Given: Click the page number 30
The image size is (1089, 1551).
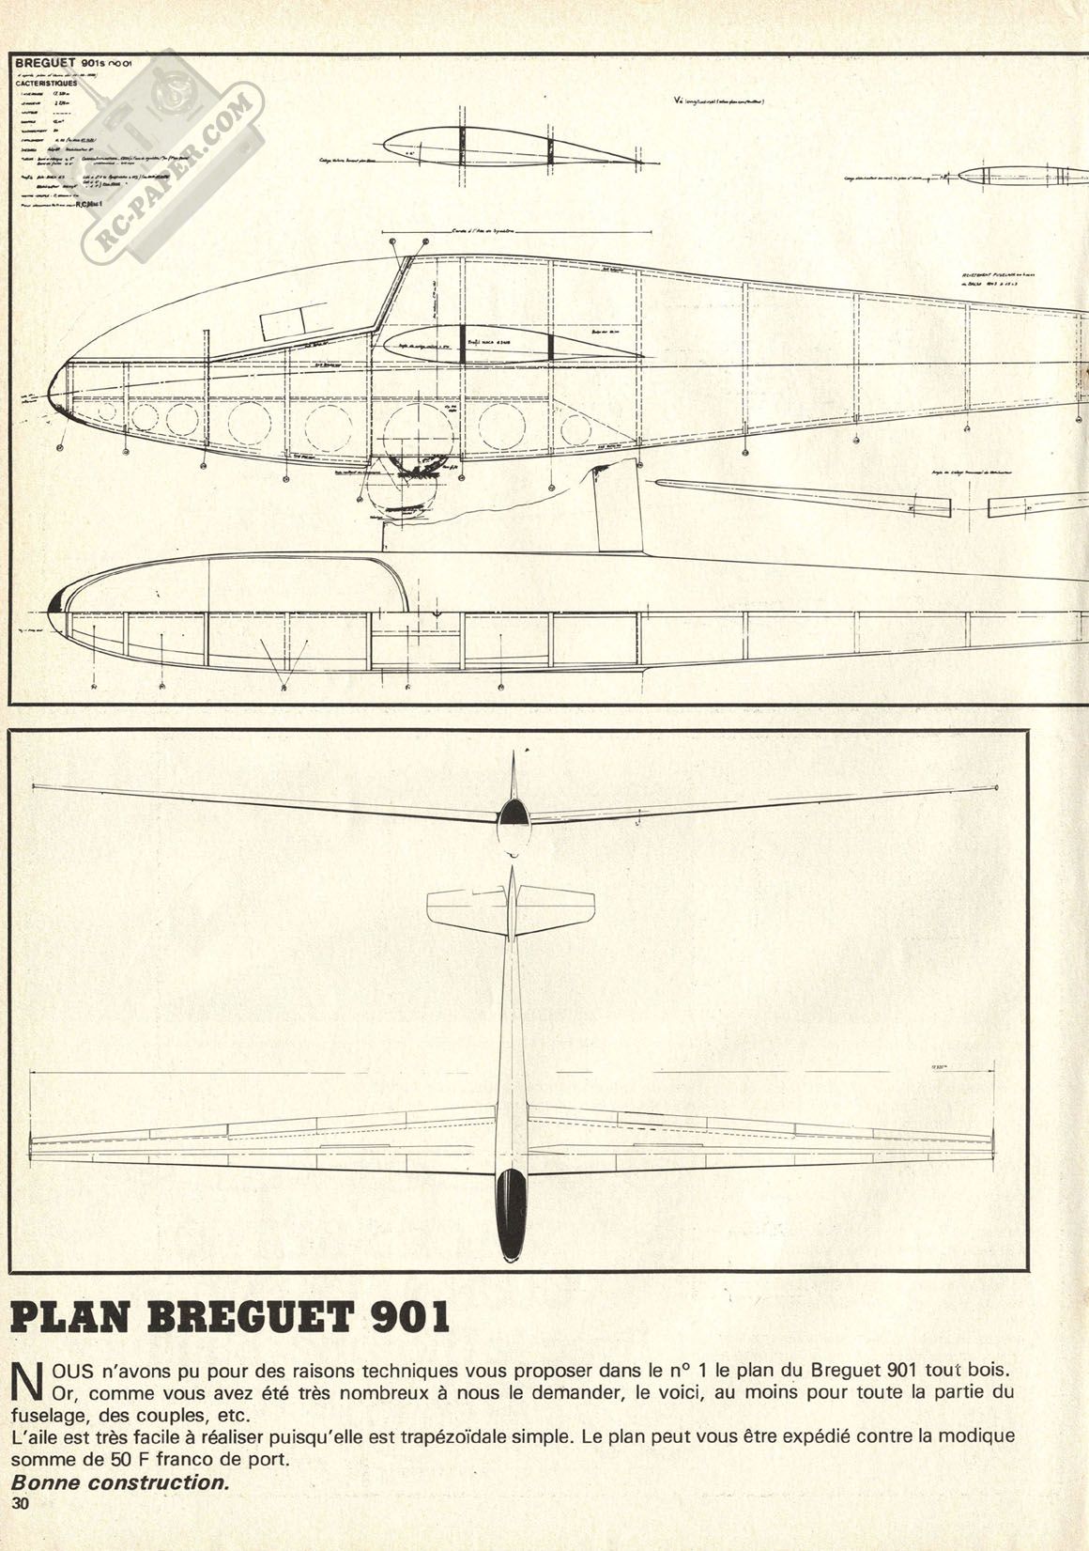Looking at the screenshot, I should [20, 1504].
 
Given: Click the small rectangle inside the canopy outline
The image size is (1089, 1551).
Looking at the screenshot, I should [282, 324].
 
